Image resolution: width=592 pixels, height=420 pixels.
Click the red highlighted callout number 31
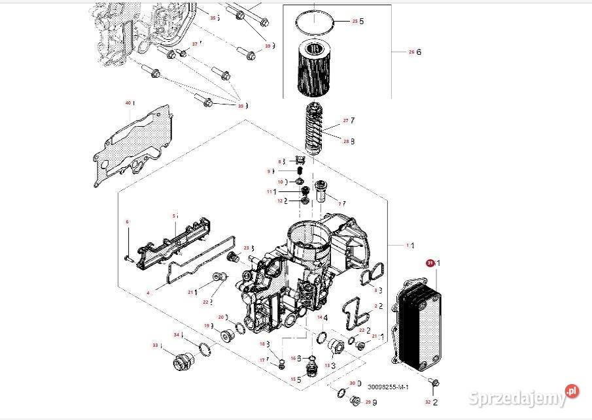coord(430,263)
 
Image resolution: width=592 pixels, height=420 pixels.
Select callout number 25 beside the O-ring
coord(355,22)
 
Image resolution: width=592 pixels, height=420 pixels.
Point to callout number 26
coord(411,52)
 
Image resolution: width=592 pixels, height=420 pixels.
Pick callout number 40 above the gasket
coord(128,103)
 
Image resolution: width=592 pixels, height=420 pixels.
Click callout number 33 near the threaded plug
coord(155,345)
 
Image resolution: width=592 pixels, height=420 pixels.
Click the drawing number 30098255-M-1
coord(388,387)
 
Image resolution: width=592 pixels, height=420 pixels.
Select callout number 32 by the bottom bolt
coord(428,402)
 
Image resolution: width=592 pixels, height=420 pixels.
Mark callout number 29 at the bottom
coord(368,402)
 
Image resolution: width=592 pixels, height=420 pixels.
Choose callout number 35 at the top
coord(213,18)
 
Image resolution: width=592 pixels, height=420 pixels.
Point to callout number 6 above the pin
coord(128,222)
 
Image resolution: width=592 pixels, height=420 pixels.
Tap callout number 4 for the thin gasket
coord(148,293)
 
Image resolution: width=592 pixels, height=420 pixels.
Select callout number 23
coord(246,248)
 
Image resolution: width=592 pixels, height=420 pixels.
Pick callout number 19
coord(207,325)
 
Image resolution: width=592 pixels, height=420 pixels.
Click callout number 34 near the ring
coord(176,334)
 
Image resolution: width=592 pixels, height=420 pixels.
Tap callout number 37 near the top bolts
coord(194,44)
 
